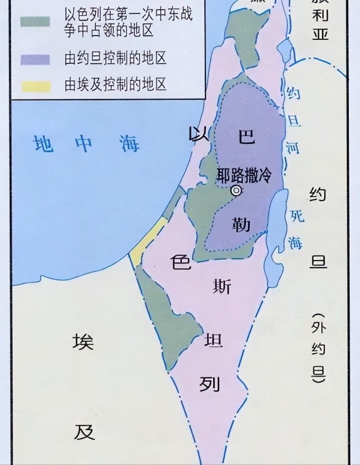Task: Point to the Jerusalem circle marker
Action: tap(237, 190)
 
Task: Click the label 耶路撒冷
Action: tap(244, 175)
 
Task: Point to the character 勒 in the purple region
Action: tap(242, 226)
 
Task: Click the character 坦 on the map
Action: tap(214, 341)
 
